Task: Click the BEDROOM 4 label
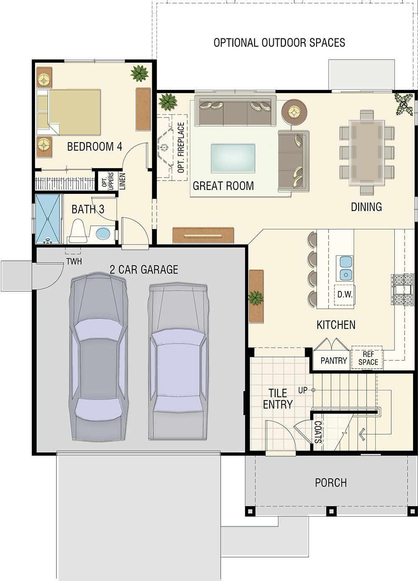pyautogui.click(x=94, y=147)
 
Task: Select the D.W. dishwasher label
pyautogui.click(x=344, y=294)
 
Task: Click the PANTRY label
pyautogui.click(x=334, y=361)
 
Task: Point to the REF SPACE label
pyautogui.click(x=368, y=358)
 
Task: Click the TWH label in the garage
pyautogui.click(x=74, y=261)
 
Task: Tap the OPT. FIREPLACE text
pyautogui.click(x=181, y=147)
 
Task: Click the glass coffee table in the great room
pyautogui.click(x=233, y=158)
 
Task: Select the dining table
pyautogui.click(x=367, y=153)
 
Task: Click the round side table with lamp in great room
pyautogui.click(x=294, y=112)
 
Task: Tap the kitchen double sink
pyautogui.click(x=344, y=268)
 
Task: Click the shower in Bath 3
pyautogui.click(x=48, y=219)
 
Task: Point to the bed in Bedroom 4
pyautogui.click(x=69, y=112)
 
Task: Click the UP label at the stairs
pyautogui.click(x=303, y=390)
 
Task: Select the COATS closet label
pyautogui.click(x=318, y=432)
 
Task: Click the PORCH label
pyautogui.click(x=331, y=483)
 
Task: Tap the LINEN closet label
pyautogui.click(x=122, y=181)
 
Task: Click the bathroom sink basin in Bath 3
pyautogui.click(x=103, y=233)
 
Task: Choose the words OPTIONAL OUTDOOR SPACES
pyautogui.click(x=279, y=43)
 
